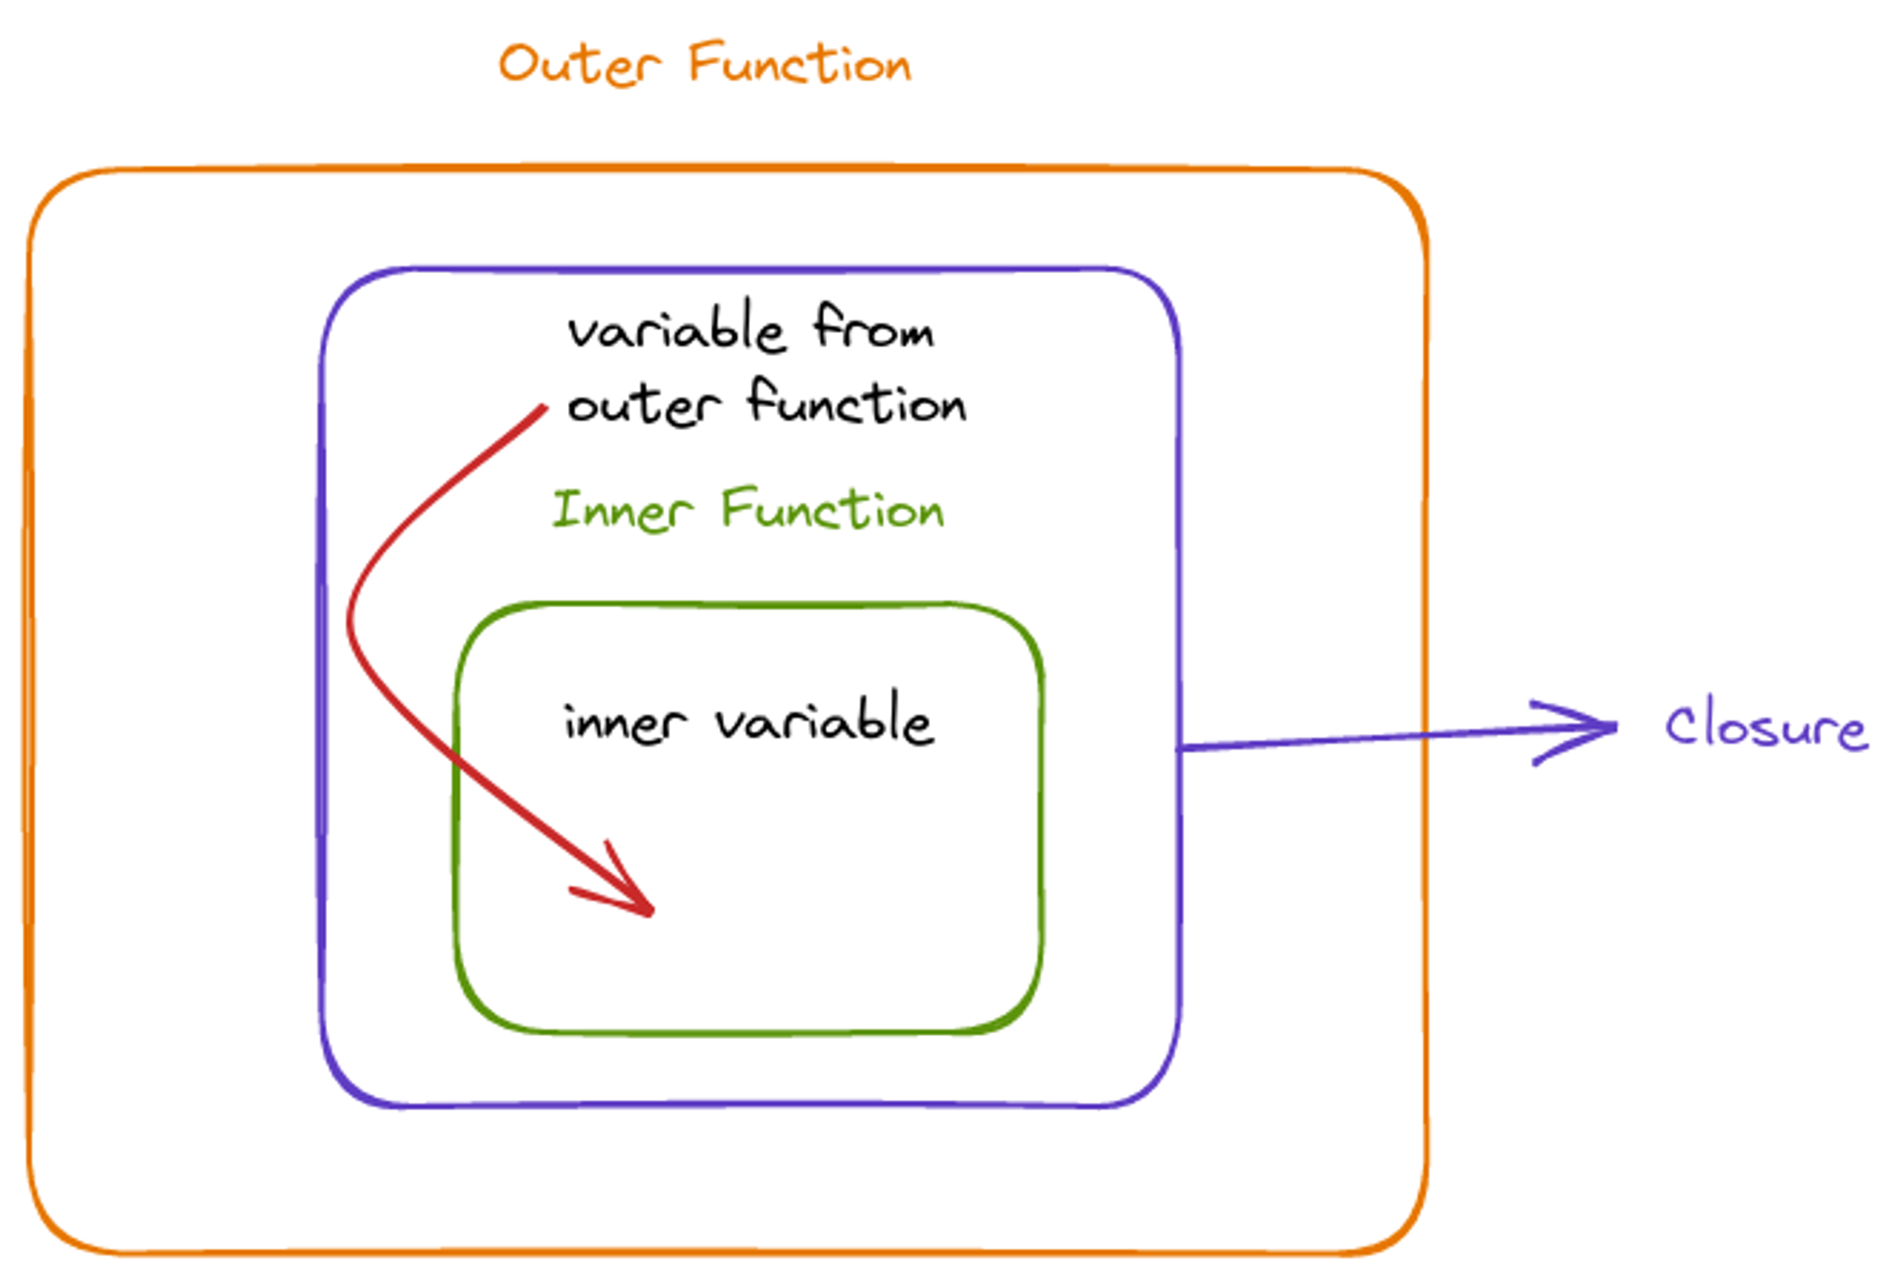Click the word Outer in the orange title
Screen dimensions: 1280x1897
pyautogui.click(x=579, y=65)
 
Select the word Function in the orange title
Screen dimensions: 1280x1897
pyautogui.click(x=799, y=65)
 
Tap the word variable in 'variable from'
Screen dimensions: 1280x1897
pyautogui.click(x=677, y=328)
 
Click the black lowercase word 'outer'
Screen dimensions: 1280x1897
pyautogui.click(x=643, y=406)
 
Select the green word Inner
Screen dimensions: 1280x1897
pyautogui.click(x=621, y=511)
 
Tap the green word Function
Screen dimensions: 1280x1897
pyautogui.click(x=833, y=511)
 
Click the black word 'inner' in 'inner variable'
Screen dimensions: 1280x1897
pyautogui.click(x=624, y=724)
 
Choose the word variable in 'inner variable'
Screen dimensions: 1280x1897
pyautogui.click(x=824, y=721)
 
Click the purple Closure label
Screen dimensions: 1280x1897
pyautogui.click(x=1766, y=727)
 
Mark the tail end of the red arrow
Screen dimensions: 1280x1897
pyautogui.click(x=544, y=406)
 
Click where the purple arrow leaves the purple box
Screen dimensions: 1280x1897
pyautogui.click(x=1180, y=748)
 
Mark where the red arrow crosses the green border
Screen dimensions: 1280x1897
pyautogui.click(x=456, y=759)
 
